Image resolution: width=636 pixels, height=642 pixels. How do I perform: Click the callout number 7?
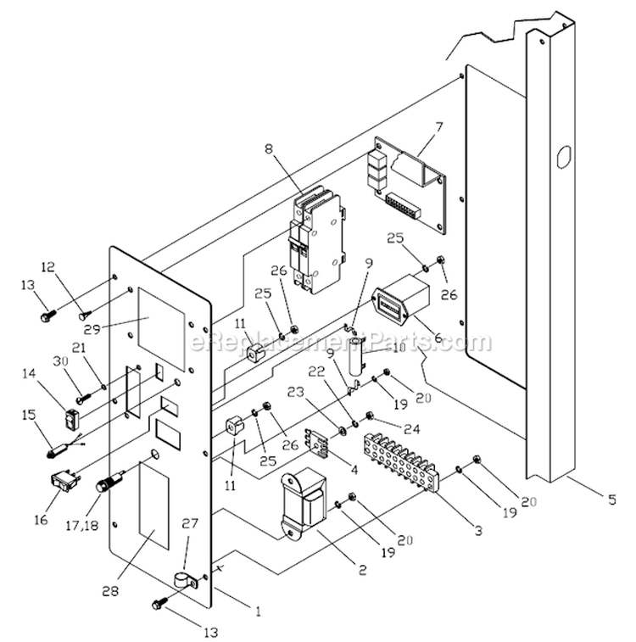438,126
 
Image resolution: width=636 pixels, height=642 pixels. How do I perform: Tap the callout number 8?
269,148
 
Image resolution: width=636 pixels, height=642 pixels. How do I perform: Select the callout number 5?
612,500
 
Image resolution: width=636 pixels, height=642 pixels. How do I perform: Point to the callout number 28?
110,590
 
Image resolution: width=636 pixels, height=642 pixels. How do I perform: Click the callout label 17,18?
82,525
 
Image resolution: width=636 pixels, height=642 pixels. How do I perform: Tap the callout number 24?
412,428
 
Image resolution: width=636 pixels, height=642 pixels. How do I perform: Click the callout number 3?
478,531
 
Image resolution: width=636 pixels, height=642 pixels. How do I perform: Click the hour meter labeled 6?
401,301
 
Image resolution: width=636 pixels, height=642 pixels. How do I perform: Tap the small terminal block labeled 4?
317,443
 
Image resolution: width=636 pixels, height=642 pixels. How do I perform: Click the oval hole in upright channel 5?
563,156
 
